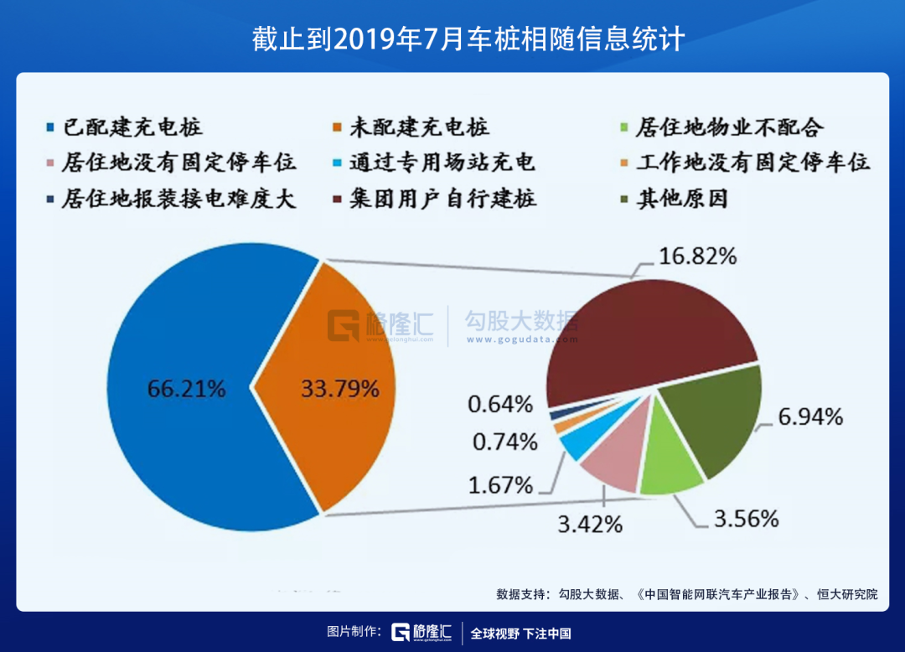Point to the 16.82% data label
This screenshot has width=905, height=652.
(697, 256)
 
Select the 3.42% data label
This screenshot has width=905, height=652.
(590, 525)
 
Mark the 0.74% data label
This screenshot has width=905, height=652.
(504, 442)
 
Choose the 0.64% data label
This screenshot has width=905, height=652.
(500, 404)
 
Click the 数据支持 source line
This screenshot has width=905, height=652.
(686, 594)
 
